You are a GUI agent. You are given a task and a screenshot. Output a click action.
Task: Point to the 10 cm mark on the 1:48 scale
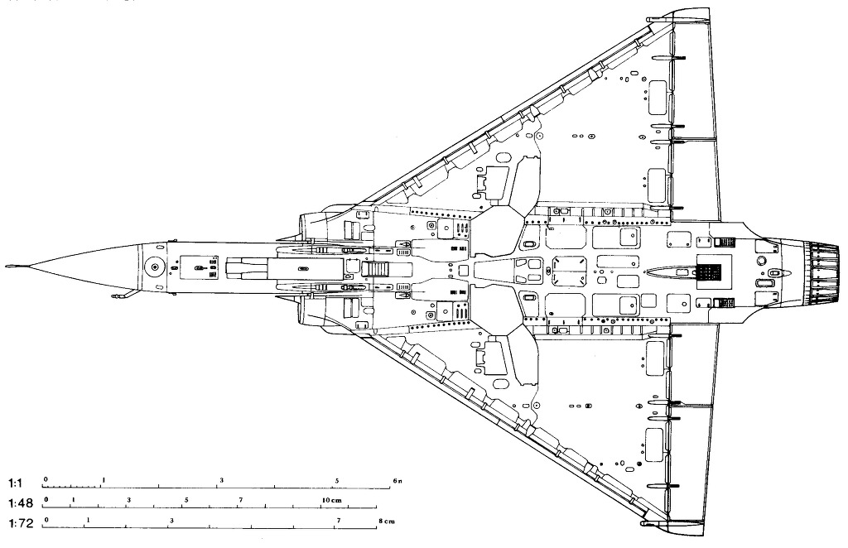pos(331,500)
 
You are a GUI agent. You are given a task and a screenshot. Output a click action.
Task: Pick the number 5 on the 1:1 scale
pos(337,480)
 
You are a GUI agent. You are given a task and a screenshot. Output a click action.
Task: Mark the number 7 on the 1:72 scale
pos(338,520)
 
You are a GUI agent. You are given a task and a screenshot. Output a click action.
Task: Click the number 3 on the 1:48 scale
pos(128,500)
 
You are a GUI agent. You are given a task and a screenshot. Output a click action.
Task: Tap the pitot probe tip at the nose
pos(8,267)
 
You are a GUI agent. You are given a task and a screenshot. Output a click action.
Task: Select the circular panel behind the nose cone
pos(154,267)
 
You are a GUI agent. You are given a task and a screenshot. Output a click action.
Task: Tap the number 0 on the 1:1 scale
pos(46,480)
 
